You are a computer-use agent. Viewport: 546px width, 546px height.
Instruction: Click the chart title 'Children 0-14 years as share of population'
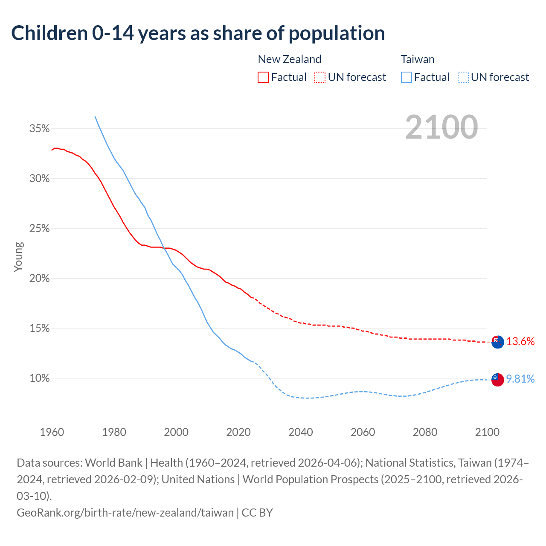[x=198, y=33]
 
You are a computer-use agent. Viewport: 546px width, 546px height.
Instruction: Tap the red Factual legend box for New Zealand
[x=263, y=77]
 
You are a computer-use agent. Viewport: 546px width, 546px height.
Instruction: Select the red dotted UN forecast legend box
[x=320, y=77]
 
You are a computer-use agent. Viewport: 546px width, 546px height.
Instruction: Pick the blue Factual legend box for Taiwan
[x=407, y=77]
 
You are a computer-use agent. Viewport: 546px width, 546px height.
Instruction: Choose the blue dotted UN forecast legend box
[x=463, y=77]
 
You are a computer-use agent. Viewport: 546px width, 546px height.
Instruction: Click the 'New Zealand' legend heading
[x=289, y=59]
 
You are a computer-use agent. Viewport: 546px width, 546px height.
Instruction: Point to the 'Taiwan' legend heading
[x=417, y=59]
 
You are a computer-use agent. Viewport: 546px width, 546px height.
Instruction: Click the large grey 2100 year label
[x=441, y=127]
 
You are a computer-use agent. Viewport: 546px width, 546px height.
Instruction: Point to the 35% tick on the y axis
[x=39, y=128]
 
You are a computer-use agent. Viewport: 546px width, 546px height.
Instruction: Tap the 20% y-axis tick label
[x=39, y=279]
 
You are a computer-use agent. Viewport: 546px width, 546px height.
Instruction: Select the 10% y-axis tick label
[x=39, y=378]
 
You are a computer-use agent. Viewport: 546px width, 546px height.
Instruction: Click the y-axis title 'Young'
[x=18, y=257]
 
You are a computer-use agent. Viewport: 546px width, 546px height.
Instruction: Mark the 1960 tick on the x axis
[x=52, y=432]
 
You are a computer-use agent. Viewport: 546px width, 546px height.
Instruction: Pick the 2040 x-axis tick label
[x=301, y=432]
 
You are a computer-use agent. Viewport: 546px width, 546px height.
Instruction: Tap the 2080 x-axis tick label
[x=425, y=432]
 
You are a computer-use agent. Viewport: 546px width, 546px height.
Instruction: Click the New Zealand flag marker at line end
[x=497, y=342]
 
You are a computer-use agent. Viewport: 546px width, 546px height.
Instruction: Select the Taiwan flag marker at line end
[x=497, y=379]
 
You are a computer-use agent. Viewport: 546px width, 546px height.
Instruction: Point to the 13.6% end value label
[x=520, y=341]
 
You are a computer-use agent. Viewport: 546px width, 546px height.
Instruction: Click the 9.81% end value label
[x=520, y=379]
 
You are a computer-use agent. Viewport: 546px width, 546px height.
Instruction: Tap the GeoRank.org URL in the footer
[x=125, y=512]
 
